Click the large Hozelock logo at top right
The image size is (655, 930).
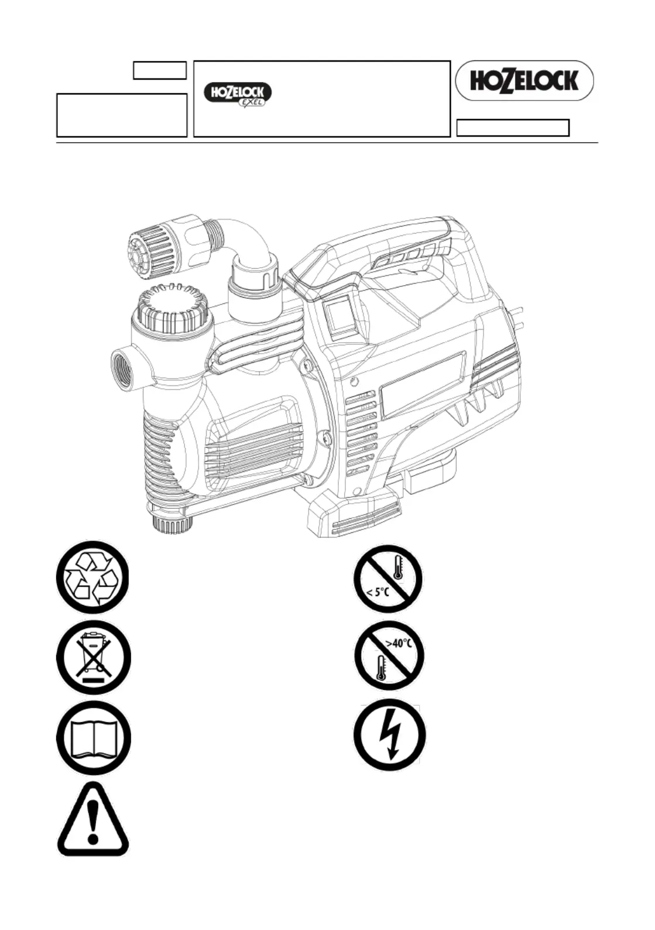[524, 80]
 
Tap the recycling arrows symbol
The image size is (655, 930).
[94, 577]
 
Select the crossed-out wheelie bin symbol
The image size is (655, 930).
[94, 658]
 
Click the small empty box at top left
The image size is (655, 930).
[160, 70]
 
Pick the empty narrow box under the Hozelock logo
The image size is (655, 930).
[513, 128]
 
